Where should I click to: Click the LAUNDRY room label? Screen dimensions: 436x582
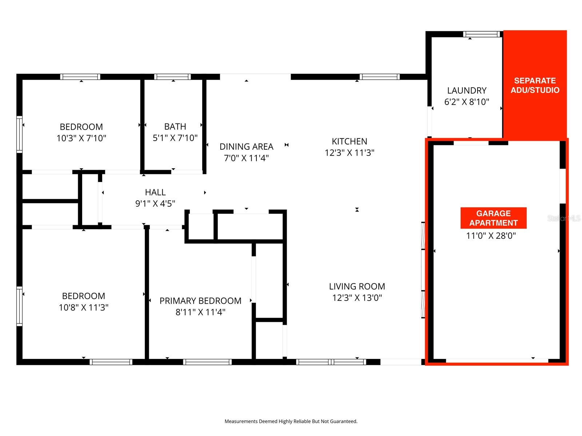pyautogui.click(x=467, y=90)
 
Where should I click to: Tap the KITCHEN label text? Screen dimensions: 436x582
pyautogui.click(x=349, y=141)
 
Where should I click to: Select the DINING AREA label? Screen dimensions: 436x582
pyautogui.click(x=246, y=146)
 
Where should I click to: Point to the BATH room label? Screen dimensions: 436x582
pyautogui.click(x=175, y=126)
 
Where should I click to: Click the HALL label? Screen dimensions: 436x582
pyautogui.click(x=155, y=192)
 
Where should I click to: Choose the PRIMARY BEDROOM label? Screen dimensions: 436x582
pyautogui.click(x=200, y=301)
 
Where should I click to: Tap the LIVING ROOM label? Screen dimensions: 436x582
pyautogui.click(x=357, y=286)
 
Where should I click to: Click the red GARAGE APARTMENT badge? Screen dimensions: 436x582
pyautogui.click(x=493, y=218)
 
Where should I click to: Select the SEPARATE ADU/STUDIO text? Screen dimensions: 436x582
pyautogui.click(x=535, y=85)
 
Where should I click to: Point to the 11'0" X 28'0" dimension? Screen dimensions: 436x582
pyautogui.click(x=491, y=236)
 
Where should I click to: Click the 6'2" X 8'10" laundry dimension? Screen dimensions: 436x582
pyautogui.click(x=467, y=102)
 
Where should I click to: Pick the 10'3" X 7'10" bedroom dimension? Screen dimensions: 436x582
pyautogui.click(x=81, y=138)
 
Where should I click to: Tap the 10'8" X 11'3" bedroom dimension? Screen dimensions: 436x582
pyautogui.click(x=84, y=307)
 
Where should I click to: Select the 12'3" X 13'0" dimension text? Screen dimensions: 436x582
pyautogui.click(x=357, y=298)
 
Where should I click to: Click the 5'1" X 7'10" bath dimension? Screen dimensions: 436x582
pyautogui.click(x=175, y=138)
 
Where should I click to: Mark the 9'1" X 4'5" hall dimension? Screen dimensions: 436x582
pyautogui.click(x=155, y=203)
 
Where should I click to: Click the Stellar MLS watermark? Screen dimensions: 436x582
pyautogui.click(x=564, y=218)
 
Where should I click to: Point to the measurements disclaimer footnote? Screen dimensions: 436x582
pyautogui.click(x=291, y=421)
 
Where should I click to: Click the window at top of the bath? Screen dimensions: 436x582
pyautogui.click(x=172, y=77)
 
